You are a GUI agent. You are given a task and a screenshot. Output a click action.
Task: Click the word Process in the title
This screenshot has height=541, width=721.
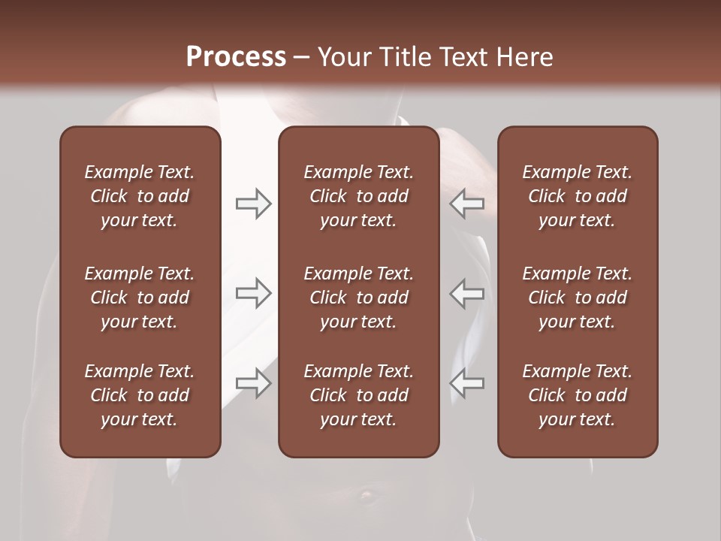[236, 57]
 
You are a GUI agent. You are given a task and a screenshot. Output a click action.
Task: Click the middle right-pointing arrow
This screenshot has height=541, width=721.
[254, 293]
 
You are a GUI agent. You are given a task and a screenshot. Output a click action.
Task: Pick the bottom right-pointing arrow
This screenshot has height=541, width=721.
[254, 383]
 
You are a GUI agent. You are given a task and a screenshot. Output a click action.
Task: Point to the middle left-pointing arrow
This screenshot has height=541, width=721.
[466, 293]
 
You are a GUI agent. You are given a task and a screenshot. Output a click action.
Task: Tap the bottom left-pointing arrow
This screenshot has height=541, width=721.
[466, 383]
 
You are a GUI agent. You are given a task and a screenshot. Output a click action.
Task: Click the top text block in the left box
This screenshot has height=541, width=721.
[140, 196]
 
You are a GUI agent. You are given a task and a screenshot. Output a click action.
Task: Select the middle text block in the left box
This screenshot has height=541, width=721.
[140, 298]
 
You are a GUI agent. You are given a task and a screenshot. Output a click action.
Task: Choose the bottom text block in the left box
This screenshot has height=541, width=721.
[140, 395]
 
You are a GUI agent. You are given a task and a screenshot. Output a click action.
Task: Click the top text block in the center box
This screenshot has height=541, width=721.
[358, 196]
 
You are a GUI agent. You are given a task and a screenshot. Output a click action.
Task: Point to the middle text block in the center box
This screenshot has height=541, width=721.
[358, 298]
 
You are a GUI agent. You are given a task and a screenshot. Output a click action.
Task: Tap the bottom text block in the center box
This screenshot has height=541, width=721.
[358, 395]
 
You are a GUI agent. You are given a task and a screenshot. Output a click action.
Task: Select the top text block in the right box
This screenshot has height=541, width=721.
[578, 196]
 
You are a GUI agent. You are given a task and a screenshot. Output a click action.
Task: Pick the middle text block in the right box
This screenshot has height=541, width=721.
[578, 298]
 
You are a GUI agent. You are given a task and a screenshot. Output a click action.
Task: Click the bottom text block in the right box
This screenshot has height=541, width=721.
[578, 395]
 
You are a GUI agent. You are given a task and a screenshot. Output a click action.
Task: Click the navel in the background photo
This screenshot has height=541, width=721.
[367, 495]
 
